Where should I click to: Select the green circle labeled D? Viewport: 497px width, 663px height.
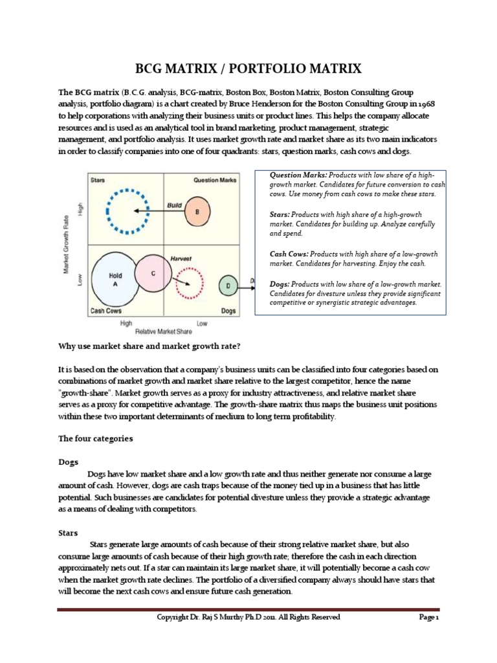click(x=228, y=284)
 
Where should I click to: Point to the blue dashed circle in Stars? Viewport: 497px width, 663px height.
click(x=127, y=211)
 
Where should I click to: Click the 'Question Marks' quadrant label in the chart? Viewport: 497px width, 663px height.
click(x=215, y=180)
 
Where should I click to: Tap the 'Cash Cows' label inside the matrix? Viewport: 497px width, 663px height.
click(x=105, y=311)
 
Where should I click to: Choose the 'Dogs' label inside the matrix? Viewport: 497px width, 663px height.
click(x=228, y=311)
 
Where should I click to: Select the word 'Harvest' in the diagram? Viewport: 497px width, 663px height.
click(x=181, y=258)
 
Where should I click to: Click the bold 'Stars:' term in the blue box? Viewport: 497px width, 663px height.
click(x=280, y=214)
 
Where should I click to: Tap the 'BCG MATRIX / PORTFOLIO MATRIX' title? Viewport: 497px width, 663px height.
click(x=248, y=69)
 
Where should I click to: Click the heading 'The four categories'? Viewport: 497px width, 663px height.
click(x=95, y=438)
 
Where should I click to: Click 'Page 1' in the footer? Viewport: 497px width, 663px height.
click(x=428, y=618)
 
